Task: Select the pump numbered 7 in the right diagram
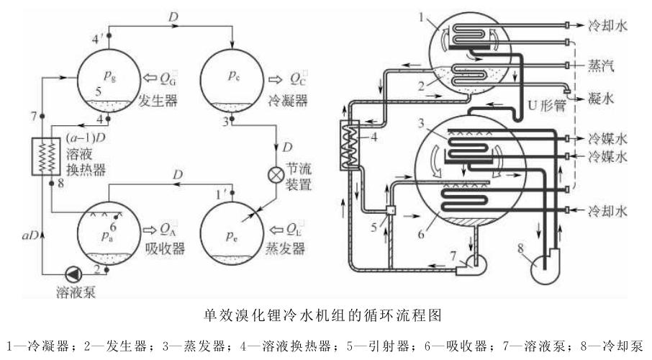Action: point(468,266)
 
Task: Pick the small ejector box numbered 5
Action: point(391,211)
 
